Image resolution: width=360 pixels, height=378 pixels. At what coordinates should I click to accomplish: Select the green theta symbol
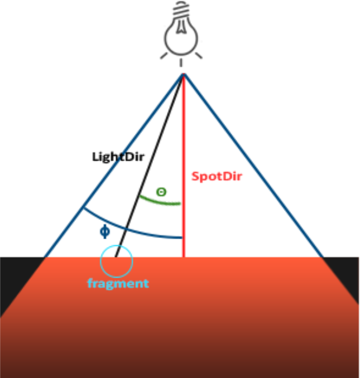click(161, 192)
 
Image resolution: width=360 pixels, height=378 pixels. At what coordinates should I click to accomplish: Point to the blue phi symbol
click(104, 230)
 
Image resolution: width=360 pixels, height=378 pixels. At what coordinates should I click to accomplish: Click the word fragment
click(118, 283)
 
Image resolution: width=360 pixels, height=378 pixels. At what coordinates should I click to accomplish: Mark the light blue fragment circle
click(116, 260)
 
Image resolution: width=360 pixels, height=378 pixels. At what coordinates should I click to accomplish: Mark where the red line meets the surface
click(183, 257)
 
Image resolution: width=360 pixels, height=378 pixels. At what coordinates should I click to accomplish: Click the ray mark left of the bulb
click(165, 56)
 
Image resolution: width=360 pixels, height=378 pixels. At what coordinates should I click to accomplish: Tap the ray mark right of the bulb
click(199, 56)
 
